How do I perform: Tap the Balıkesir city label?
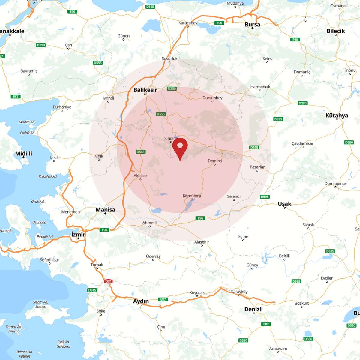145,90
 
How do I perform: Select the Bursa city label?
252,24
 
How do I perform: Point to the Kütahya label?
337,115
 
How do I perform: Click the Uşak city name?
284,204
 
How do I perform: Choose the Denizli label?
253,309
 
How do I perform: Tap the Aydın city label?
141,301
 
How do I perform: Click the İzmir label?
78,234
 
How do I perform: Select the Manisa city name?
105,210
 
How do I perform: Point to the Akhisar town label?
140,175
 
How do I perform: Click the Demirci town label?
215,161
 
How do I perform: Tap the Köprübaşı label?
192,196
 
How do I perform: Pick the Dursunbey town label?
212,98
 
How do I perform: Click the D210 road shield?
41,45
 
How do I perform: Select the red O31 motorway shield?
108,281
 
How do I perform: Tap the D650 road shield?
349,142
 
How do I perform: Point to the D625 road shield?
330,251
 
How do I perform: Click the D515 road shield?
92,290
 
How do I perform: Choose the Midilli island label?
24,154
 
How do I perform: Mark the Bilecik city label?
336,31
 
